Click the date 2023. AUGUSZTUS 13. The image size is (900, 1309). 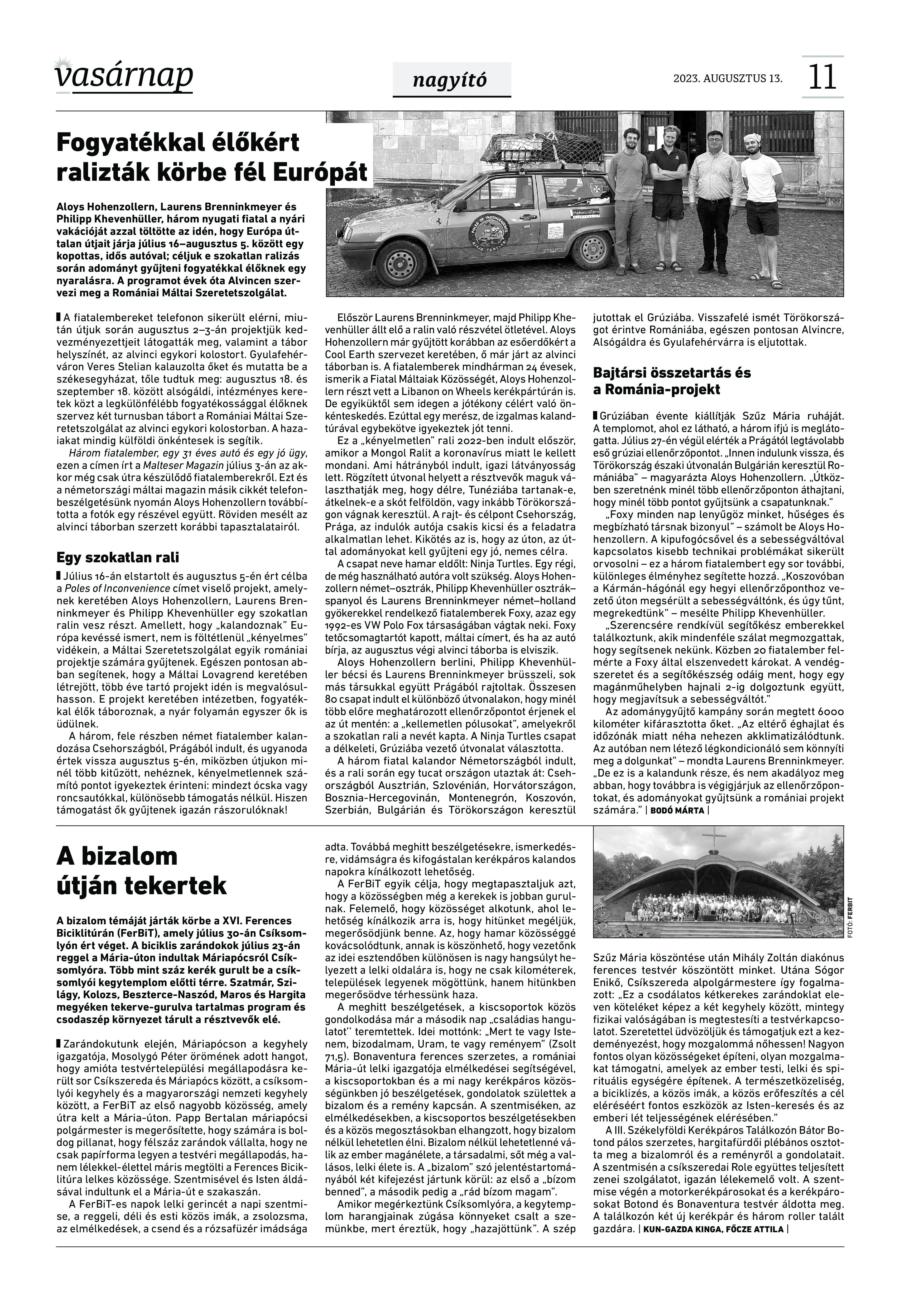tap(728, 78)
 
